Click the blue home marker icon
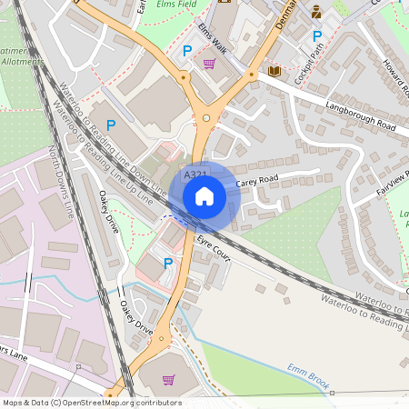point(204,195)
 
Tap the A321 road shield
point(194,175)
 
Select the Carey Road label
point(256,182)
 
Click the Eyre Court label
point(214,252)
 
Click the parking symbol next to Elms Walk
point(187,52)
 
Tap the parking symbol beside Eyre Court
point(167,263)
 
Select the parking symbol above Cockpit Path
point(317,36)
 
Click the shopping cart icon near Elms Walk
point(210,64)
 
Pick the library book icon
point(274,71)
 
